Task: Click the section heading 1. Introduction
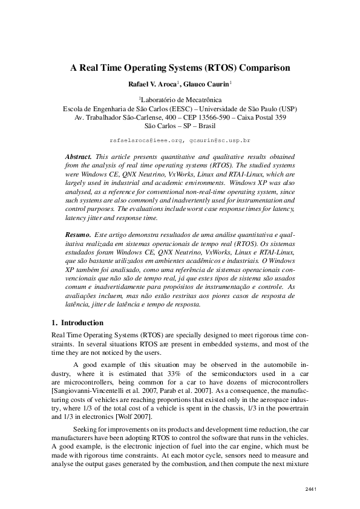(77, 323)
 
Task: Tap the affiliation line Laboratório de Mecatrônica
(182, 100)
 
